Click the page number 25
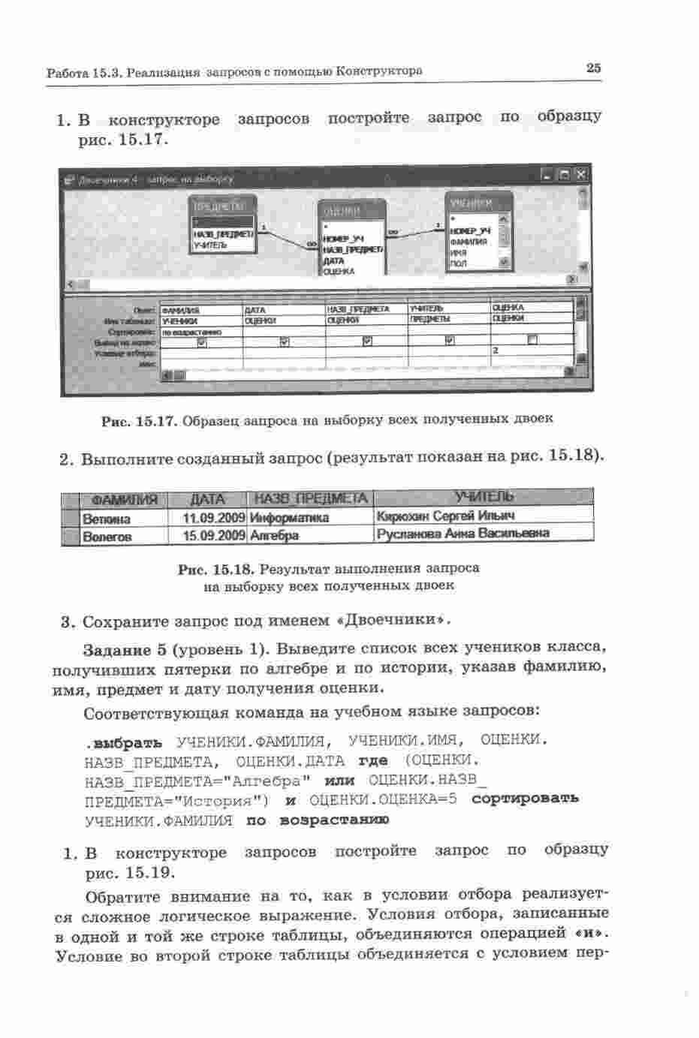pyautogui.click(x=593, y=68)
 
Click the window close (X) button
pyautogui.click(x=581, y=174)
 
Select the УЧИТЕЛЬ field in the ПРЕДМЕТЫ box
pyautogui.click(x=207, y=245)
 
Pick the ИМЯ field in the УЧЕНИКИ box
pyautogui.click(x=459, y=253)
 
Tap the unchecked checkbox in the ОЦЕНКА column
pyautogui.click(x=532, y=340)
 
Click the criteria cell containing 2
pyautogui.click(x=532, y=351)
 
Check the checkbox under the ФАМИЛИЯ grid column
pyautogui.click(x=201, y=341)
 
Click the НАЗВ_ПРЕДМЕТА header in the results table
pyautogui.click(x=311, y=499)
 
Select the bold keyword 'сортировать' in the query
pyautogui.click(x=525, y=798)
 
